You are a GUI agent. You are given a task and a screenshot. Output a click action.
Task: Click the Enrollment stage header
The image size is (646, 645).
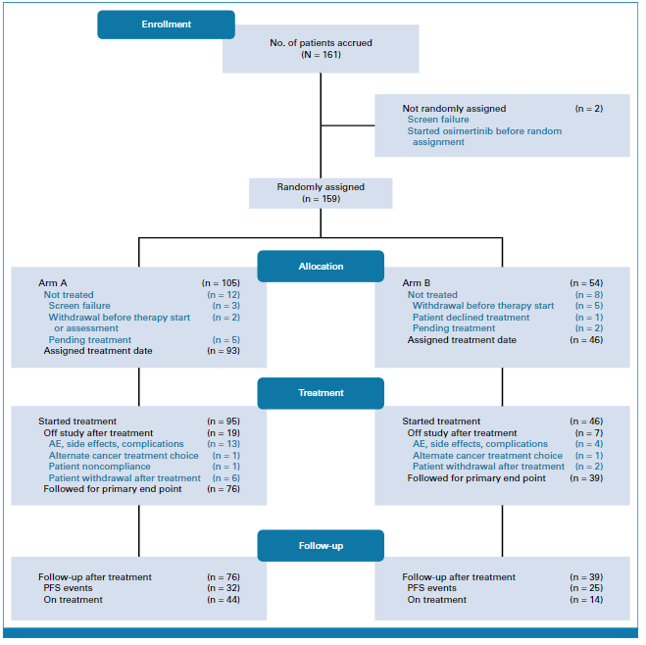(166, 25)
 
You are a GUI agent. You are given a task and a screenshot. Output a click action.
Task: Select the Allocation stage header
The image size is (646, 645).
(321, 267)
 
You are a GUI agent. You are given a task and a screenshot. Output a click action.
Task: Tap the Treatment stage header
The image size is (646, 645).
(321, 393)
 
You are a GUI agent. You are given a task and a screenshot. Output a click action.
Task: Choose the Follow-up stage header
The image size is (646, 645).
(321, 546)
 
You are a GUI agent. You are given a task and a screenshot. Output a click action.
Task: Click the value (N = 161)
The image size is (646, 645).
(321, 55)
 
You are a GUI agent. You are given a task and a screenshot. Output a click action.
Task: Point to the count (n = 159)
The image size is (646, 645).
(321, 199)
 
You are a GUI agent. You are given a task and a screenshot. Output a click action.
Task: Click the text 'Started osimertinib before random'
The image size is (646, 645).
(484, 131)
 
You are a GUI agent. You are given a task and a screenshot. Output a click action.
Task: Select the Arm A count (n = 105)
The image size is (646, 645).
(221, 283)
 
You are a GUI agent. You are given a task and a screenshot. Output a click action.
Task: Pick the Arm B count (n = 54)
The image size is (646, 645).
(586, 283)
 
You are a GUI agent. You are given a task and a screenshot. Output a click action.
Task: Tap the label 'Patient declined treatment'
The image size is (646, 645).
(471, 318)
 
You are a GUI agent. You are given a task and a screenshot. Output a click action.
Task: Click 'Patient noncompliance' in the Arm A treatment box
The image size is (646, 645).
(99, 467)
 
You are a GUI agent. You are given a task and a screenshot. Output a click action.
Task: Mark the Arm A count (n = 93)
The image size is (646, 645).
(224, 351)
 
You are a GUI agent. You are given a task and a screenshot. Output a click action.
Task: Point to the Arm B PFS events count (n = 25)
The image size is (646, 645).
(586, 588)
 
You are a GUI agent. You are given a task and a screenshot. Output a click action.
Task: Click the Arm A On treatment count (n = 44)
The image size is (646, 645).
(224, 600)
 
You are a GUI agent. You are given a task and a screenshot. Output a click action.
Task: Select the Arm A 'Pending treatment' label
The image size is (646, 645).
(90, 340)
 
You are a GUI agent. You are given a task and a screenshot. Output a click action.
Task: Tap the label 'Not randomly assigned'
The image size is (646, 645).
(454, 109)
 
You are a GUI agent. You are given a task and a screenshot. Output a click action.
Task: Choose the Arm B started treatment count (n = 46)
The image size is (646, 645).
(586, 422)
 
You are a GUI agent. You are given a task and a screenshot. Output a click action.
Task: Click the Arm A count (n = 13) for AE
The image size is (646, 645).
(224, 444)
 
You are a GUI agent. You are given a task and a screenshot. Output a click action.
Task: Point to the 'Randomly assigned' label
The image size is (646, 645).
(321, 187)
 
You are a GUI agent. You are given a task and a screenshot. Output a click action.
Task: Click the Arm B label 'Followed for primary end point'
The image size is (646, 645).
(476, 478)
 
